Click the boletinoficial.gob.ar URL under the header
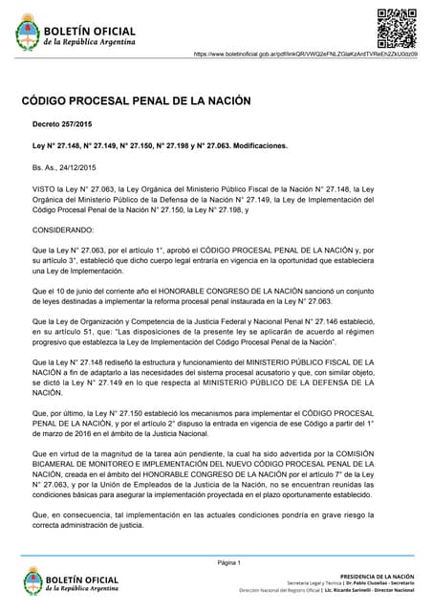coord(306,55)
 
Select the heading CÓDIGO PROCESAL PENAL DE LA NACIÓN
coord(136,100)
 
